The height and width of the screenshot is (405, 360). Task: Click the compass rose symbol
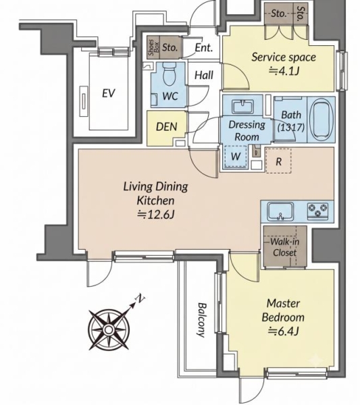[x=109, y=329]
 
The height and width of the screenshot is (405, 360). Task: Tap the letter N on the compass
[x=140, y=298]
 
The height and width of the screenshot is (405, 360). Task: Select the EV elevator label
[x=109, y=93]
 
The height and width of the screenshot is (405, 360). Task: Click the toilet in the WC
[x=170, y=75]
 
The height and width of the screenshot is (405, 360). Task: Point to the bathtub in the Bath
[x=322, y=119]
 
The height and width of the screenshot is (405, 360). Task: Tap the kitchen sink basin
[x=281, y=211]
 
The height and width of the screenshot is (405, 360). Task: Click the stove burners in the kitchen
[x=317, y=209]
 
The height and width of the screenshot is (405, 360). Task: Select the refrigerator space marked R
[x=278, y=161]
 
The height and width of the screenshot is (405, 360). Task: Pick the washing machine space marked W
[x=236, y=157]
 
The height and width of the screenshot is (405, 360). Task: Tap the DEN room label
[x=167, y=127]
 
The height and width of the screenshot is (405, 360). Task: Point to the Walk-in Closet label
[x=285, y=248]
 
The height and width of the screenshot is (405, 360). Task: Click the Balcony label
[x=201, y=320]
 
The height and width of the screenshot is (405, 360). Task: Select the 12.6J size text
[x=156, y=214]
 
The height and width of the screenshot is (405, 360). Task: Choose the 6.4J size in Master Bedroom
[x=284, y=331]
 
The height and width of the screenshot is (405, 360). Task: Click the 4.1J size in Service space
[x=284, y=70]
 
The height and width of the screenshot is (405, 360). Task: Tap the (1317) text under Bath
[x=291, y=127]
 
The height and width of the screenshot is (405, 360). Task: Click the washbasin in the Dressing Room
[x=242, y=107]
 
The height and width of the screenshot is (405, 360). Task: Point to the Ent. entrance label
[x=204, y=47]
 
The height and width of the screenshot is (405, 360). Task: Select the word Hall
[x=204, y=75]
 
